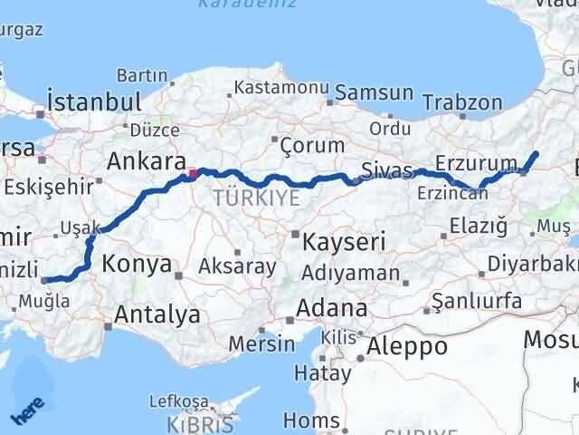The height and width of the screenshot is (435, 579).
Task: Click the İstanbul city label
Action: click(94, 100)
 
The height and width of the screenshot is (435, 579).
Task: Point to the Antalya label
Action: click(157, 315)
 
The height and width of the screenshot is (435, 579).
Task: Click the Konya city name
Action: click(137, 265)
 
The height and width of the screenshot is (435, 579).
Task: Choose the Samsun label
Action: click(375, 93)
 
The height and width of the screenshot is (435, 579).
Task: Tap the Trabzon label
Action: click(461, 102)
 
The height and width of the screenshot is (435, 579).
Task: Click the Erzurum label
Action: click(469, 162)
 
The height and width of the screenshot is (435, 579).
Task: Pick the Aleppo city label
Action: click(408, 346)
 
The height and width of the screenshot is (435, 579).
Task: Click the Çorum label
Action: click(311, 144)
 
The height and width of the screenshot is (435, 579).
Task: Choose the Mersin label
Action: click(261, 343)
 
